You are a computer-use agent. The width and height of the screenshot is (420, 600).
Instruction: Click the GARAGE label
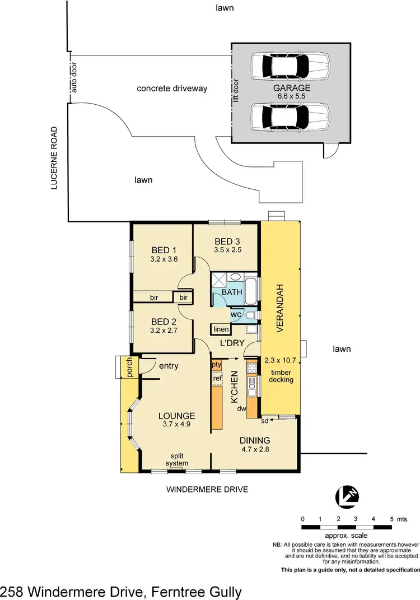coord(292,88)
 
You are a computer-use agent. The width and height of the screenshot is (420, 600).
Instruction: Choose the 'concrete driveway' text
coord(172,89)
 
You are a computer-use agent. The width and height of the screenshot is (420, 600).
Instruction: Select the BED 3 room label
coord(228,241)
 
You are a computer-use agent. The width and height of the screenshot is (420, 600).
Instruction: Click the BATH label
coord(231,292)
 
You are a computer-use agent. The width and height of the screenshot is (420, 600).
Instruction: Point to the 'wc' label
coord(236,315)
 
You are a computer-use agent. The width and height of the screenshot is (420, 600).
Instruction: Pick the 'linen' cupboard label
coord(220,329)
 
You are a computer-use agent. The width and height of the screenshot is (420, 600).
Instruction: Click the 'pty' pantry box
coord(217,365)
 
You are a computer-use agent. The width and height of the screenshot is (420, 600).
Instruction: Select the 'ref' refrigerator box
coord(217,378)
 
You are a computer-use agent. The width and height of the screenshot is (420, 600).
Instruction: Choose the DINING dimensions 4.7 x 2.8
coord(255,449)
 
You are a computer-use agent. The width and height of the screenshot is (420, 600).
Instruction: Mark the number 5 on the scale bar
coord(391,519)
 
